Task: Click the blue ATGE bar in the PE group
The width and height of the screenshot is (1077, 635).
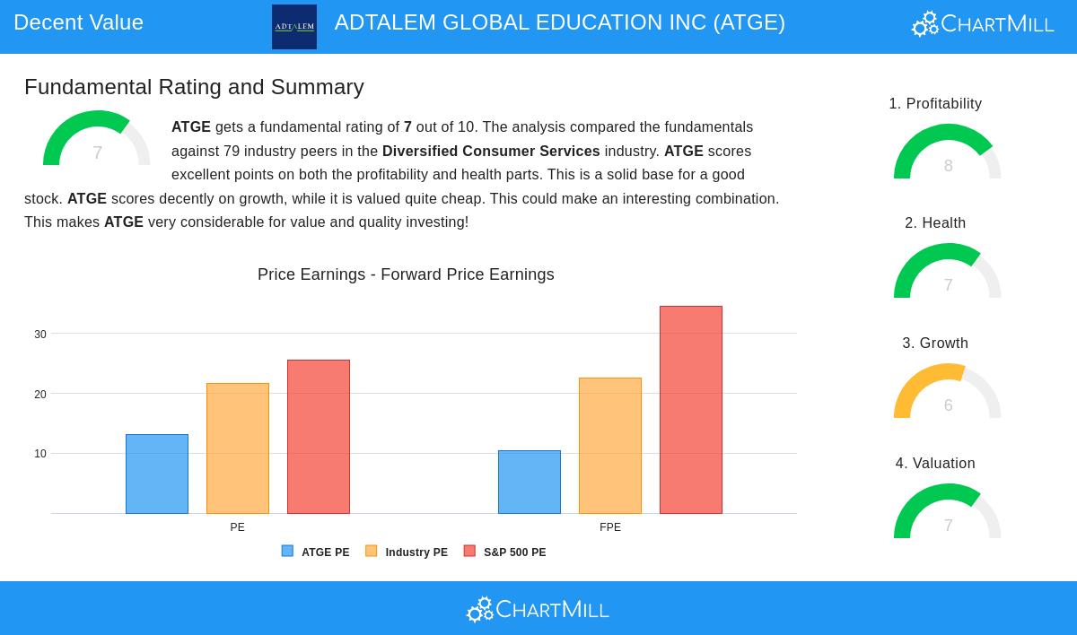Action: pyautogui.click(x=157, y=474)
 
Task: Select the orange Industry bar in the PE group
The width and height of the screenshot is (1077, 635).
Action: pyautogui.click(x=238, y=448)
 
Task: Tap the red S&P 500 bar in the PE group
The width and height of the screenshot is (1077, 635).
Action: pyautogui.click(x=319, y=437)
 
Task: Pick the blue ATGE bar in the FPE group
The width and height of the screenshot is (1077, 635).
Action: pyautogui.click(x=530, y=482)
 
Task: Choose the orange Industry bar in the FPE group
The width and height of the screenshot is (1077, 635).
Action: pyautogui.click(x=610, y=446)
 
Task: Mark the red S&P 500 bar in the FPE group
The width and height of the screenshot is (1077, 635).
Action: pyautogui.click(x=691, y=410)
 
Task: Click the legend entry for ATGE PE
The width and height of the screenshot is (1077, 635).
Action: pyautogui.click(x=316, y=552)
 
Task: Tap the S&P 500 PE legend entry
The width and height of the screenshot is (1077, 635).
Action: pyautogui.click(x=505, y=552)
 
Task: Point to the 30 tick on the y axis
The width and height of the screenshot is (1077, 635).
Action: pyautogui.click(x=40, y=335)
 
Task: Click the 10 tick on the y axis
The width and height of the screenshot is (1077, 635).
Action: pyautogui.click(x=40, y=454)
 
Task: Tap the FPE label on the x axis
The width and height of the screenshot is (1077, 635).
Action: pyautogui.click(x=610, y=527)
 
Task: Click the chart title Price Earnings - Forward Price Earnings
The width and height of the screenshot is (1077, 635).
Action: pyautogui.click(x=406, y=274)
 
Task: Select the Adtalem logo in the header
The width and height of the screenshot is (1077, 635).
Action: pyautogui.click(x=294, y=27)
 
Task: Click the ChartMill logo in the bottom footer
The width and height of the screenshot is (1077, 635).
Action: pyautogui.click(x=538, y=610)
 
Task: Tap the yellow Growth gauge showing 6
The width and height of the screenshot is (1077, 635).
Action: pyautogui.click(x=947, y=392)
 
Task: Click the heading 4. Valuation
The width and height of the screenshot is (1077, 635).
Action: pyautogui.click(x=935, y=463)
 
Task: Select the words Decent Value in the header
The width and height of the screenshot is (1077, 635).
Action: pyautogui.click(x=79, y=22)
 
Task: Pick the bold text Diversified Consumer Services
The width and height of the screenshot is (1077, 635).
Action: pyautogui.click(x=491, y=152)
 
